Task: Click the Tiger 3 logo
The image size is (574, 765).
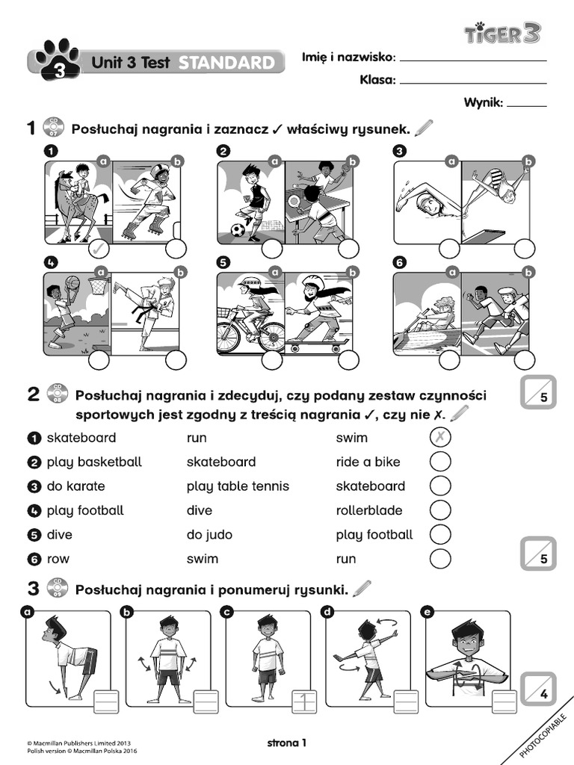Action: [502, 32]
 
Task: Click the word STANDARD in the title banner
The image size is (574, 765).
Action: [226, 64]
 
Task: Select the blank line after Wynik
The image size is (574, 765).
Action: [526, 105]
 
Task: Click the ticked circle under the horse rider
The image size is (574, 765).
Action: [99, 249]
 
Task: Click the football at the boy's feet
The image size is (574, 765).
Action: [237, 229]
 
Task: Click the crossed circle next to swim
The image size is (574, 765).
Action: [440, 438]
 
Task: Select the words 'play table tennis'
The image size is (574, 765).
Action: [238, 486]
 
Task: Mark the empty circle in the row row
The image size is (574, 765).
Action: [440, 558]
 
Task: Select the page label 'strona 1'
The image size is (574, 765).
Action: [287, 743]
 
